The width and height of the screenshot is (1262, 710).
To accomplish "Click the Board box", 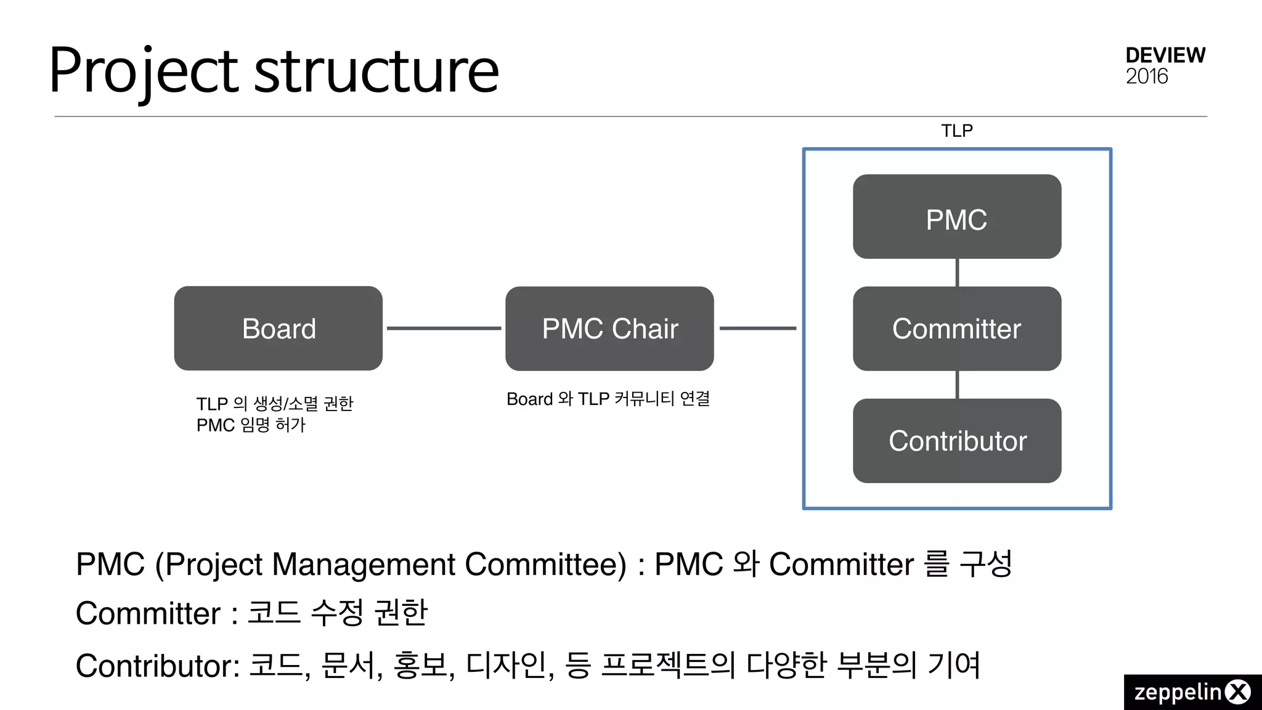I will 278,328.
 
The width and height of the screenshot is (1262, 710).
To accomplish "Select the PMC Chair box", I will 609,328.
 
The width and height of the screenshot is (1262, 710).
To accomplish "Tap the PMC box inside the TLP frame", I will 956,217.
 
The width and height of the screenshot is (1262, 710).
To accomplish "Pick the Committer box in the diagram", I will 956,328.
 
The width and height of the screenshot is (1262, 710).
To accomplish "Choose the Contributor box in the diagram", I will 956,441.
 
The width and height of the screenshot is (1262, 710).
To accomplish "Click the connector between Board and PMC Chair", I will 444,328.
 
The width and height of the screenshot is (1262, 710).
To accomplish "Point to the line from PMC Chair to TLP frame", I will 758,328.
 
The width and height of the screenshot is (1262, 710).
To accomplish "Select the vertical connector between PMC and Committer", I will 957,272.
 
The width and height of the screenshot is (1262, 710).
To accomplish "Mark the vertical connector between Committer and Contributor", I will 957,385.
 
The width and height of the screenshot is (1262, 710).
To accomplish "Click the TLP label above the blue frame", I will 956,131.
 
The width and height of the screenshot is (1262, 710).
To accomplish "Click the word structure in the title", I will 376,71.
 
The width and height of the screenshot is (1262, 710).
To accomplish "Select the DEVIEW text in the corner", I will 1165,55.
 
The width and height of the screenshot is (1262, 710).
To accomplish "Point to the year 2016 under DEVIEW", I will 1146,77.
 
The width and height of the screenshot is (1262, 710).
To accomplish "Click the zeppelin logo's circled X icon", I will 1237,692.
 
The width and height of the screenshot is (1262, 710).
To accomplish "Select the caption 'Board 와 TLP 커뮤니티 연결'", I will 608,399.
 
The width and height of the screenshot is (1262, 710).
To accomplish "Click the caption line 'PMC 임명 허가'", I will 251,425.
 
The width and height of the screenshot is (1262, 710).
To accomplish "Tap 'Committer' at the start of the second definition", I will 148,614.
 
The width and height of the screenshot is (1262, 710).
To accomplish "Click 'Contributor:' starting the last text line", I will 158,666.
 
